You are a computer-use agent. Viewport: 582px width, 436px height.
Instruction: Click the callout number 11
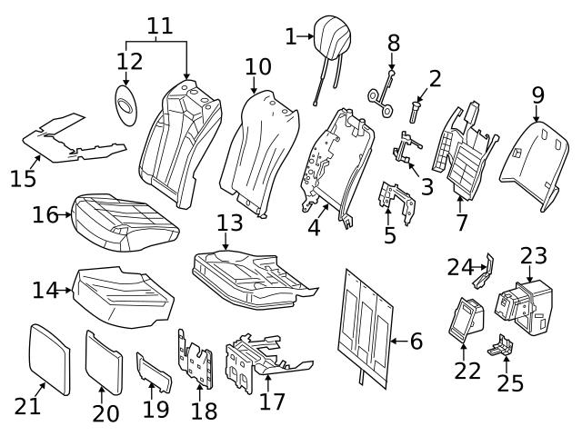click(160, 25)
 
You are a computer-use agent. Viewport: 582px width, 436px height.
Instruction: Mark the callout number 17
click(271, 401)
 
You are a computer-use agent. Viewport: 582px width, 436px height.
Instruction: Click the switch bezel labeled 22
click(465, 322)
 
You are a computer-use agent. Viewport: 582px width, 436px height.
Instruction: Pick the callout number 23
click(534, 255)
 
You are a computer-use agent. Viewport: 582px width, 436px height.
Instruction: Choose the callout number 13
click(229, 223)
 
